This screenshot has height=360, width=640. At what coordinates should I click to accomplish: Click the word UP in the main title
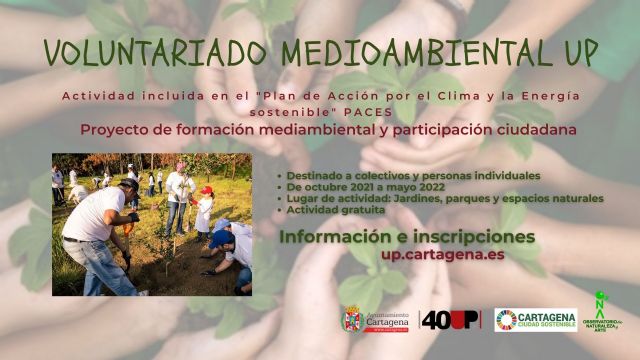tap(579, 51)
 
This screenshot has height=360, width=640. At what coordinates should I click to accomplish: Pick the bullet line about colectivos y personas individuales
tap(414, 175)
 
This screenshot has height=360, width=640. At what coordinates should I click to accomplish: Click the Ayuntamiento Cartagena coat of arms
tap(352, 318)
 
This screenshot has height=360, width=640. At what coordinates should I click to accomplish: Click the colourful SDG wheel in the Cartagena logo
tap(506, 319)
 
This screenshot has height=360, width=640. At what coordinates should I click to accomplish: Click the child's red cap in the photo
tap(207, 190)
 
